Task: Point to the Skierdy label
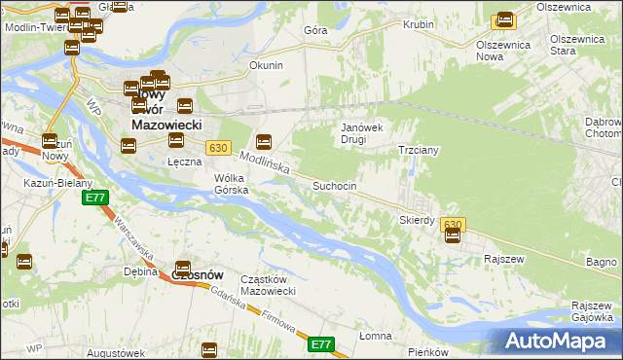[x=417, y=220]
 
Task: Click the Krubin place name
[x=419, y=24]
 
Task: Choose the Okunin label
[x=266, y=66]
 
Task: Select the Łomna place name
[x=374, y=336]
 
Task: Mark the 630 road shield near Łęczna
[x=218, y=148]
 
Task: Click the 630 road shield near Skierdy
[x=453, y=225]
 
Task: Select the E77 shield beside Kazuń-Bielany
[x=94, y=198]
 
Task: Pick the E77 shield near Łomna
[x=322, y=344]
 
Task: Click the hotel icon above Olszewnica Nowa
[x=504, y=19]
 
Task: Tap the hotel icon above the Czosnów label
[x=182, y=269]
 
